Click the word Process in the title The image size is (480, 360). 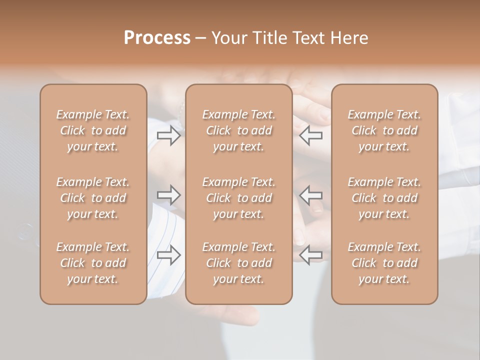(x=157, y=38)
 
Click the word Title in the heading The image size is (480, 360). (x=268, y=38)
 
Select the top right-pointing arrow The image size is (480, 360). (x=168, y=135)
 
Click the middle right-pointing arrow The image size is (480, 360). (x=168, y=195)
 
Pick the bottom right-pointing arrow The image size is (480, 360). (x=168, y=255)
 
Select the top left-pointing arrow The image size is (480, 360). (x=311, y=135)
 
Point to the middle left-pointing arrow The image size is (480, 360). (x=311, y=195)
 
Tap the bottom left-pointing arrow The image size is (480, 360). (x=311, y=255)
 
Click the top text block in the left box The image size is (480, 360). (x=93, y=130)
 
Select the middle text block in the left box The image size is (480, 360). (x=93, y=198)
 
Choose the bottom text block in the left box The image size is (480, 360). (x=93, y=263)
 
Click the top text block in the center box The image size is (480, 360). (x=238, y=130)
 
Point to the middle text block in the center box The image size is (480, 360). (x=238, y=198)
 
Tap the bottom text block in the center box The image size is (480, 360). (x=238, y=263)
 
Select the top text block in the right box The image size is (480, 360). (x=384, y=130)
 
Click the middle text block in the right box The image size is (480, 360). (x=384, y=198)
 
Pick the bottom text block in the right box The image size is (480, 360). (x=384, y=263)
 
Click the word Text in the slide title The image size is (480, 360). (x=305, y=38)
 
